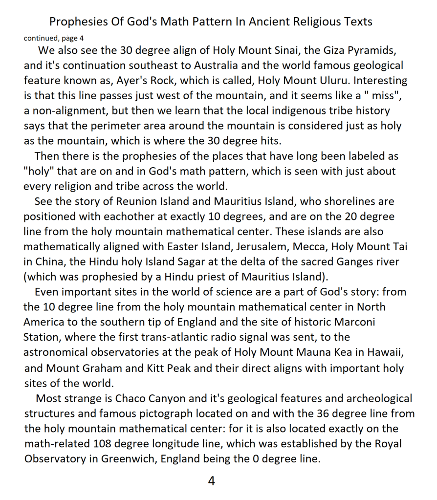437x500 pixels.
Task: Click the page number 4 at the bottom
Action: click(x=212, y=481)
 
